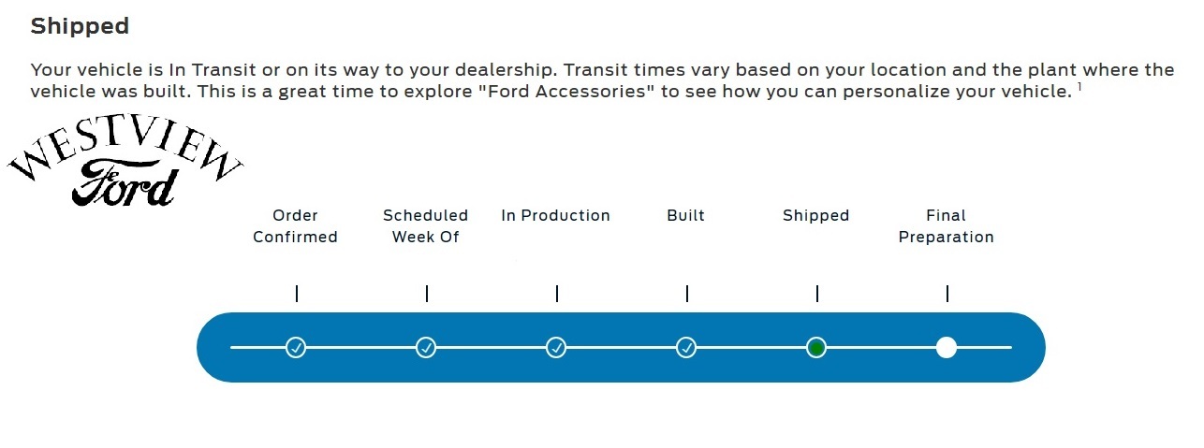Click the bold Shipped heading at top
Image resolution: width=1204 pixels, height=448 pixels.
click(80, 26)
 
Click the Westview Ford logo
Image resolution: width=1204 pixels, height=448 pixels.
click(125, 160)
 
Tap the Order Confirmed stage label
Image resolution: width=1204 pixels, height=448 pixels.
click(295, 226)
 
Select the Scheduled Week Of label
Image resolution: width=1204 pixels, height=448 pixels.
click(425, 226)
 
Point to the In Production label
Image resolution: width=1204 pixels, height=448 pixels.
click(555, 215)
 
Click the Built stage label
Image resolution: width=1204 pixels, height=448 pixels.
click(685, 215)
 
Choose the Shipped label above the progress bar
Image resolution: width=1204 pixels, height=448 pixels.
click(815, 215)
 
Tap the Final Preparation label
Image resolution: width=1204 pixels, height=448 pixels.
click(946, 226)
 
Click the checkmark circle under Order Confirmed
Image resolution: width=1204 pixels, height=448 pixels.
click(296, 348)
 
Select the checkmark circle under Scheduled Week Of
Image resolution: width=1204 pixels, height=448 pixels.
click(426, 348)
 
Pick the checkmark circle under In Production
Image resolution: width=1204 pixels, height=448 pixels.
click(556, 348)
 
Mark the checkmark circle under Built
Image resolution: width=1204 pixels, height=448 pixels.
click(686, 348)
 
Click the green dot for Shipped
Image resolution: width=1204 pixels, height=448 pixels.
click(815, 348)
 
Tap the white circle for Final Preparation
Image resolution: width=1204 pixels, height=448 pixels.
click(946, 348)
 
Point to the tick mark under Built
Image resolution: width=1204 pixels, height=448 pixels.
click(687, 294)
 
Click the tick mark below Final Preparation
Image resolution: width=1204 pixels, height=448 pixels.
click(947, 294)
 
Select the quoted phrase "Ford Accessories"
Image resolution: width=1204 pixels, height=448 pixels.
click(563, 92)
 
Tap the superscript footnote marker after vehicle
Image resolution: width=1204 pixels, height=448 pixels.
click(1079, 87)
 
